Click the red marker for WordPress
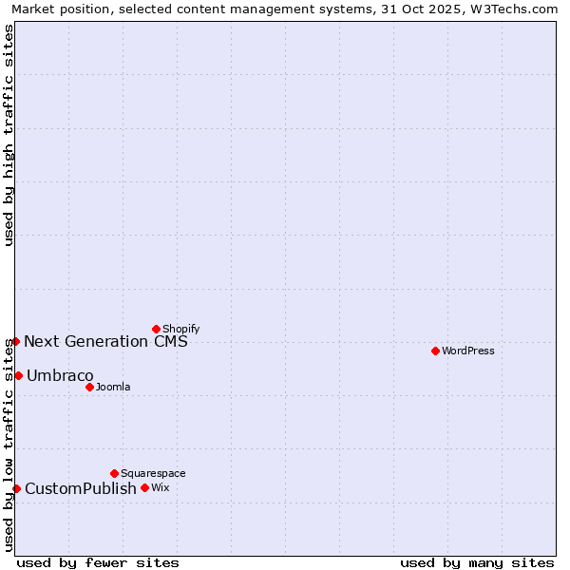coord(435,351)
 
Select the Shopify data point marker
coord(156,329)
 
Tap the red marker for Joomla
coord(89,387)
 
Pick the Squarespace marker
coord(114,473)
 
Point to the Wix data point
coord(144,487)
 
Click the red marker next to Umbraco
coord(18,375)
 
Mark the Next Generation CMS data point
coord(15,341)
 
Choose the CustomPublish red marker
coord(16,488)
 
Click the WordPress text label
coord(468,351)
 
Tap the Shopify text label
coord(181,329)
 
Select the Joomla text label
coord(113,387)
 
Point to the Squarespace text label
coord(153,473)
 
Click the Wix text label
coord(160,487)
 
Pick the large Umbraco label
coord(60,375)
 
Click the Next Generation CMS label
coord(105,341)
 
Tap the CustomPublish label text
coord(81,488)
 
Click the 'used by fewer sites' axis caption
coord(98,562)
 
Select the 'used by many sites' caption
coord(477,562)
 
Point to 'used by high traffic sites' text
coord(9,135)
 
